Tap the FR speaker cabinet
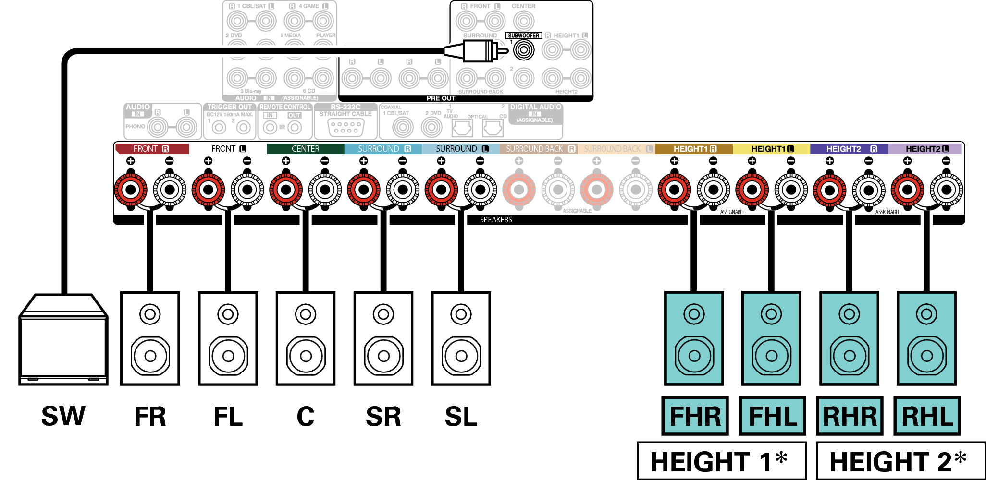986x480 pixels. (x=150, y=338)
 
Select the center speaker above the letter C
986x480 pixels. (x=306, y=338)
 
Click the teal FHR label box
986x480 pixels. (x=695, y=416)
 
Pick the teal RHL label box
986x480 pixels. (x=927, y=416)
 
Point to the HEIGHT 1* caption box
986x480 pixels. (x=721, y=461)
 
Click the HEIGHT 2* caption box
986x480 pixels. (x=899, y=461)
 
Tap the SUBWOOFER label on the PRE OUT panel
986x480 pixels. (x=523, y=36)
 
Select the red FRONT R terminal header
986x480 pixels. (x=152, y=149)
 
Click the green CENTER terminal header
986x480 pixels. (x=306, y=149)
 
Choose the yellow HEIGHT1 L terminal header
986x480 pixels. (x=772, y=149)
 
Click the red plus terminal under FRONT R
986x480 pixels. (x=131, y=190)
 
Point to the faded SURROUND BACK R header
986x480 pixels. (x=539, y=149)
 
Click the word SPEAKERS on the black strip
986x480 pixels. (x=496, y=220)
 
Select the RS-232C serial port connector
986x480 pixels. (x=346, y=127)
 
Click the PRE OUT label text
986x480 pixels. (x=441, y=98)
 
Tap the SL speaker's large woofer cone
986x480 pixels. (x=461, y=356)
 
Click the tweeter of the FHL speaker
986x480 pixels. (x=771, y=314)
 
